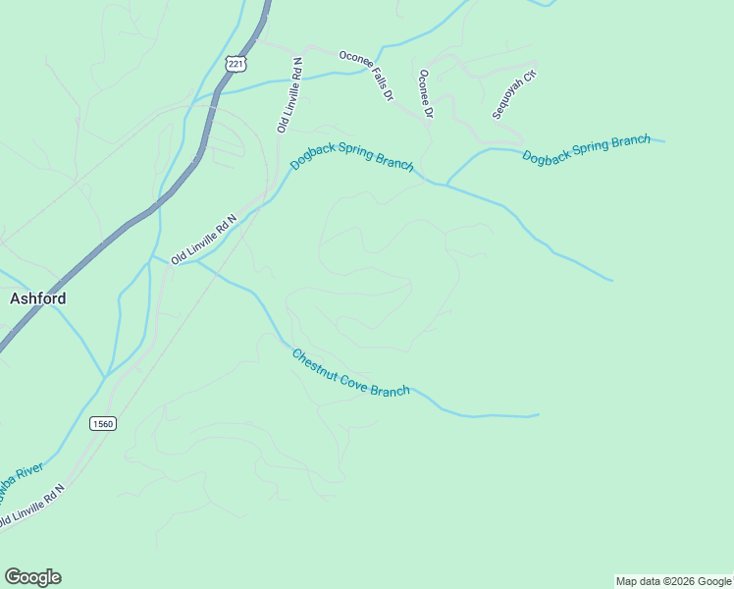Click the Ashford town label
pyautogui.click(x=38, y=298)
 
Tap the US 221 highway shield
pyautogui.click(x=235, y=64)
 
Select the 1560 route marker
pyautogui.click(x=102, y=423)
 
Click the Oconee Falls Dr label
pyautogui.click(x=366, y=76)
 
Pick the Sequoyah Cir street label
pyautogui.click(x=515, y=93)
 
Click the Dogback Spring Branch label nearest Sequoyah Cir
pyautogui.click(x=586, y=149)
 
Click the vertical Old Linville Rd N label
pyautogui.click(x=289, y=94)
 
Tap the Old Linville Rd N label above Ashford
pyautogui.click(x=204, y=240)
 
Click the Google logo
pyautogui.click(x=32, y=577)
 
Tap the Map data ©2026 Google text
pyautogui.click(x=673, y=581)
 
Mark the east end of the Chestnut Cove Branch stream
pyautogui.click(x=538, y=415)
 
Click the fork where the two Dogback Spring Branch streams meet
pyautogui.click(x=446, y=183)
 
